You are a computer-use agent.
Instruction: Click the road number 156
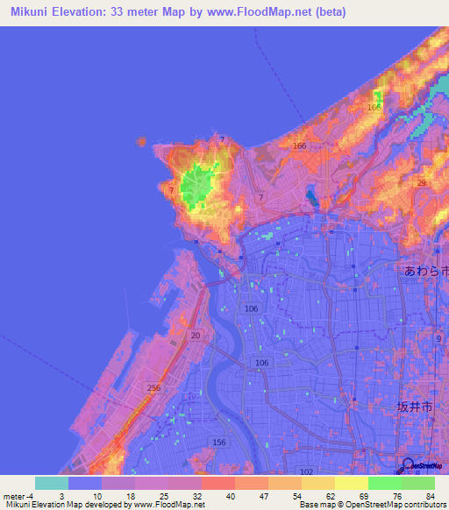click(x=217, y=442)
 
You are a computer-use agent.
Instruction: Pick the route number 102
click(x=306, y=471)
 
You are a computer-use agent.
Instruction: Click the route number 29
click(x=423, y=182)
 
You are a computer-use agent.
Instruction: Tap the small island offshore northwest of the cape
click(x=142, y=140)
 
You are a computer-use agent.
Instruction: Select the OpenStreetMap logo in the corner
click(x=424, y=466)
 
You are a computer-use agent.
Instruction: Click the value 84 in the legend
click(x=429, y=497)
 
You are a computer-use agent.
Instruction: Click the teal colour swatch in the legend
click(x=51, y=483)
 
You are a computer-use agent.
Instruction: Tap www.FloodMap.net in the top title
click(x=267, y=12)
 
